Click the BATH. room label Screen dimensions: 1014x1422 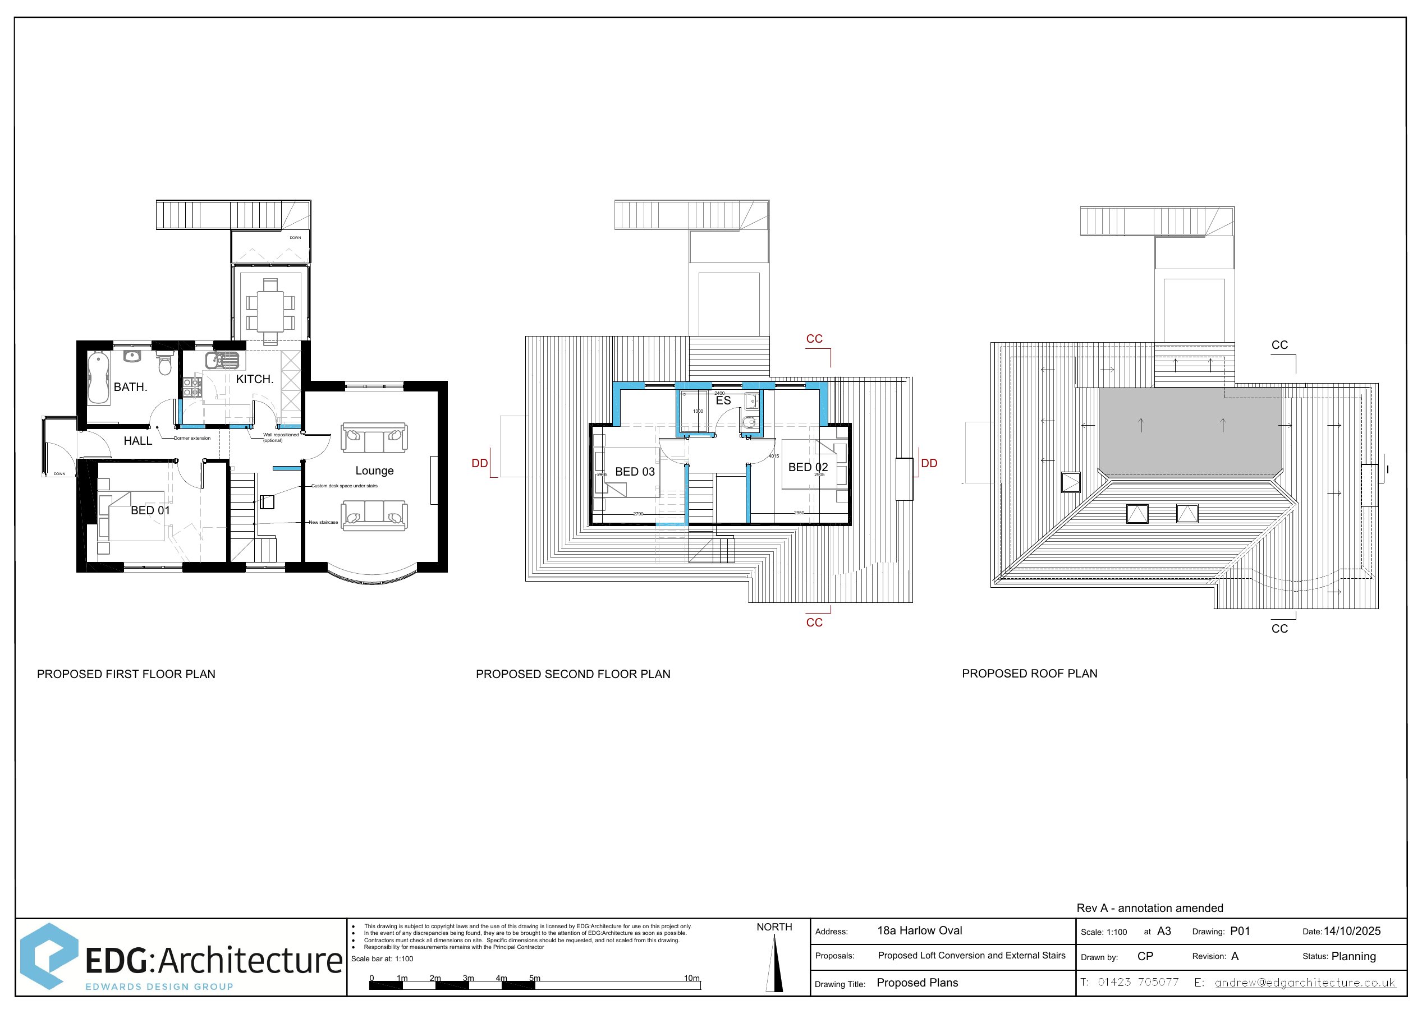[130, 387]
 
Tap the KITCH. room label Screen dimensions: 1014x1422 [254, 379]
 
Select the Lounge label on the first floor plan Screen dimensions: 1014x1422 [374, 471]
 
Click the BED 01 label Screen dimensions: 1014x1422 [150, 510]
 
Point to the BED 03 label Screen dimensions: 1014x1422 [635, 472]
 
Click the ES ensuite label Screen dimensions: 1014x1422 [723, 400]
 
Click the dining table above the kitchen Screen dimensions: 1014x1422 [270, 310]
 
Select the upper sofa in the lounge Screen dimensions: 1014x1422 [374, 437]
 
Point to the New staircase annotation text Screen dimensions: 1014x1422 [323, 522]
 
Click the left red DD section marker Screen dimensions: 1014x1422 [480, 463]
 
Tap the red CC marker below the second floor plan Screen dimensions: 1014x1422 [814, 623]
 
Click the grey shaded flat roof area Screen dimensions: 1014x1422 [1190, 431]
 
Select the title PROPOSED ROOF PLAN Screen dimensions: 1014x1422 [1029, 673]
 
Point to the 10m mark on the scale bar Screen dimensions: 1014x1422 [691, 979]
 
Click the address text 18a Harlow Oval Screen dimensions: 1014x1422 [919, 930]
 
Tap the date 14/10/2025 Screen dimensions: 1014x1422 [1352, 931]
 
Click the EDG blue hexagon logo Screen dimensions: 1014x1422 [49, 956]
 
